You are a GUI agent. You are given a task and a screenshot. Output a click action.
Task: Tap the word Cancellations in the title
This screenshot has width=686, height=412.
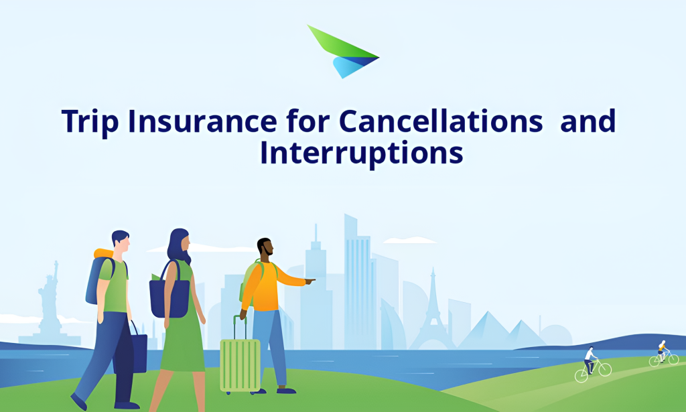tap(441, 121)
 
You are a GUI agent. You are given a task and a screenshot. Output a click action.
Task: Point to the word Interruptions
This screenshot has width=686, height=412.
tap(362, 153)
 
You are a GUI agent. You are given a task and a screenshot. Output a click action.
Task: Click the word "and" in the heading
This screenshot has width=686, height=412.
tap(588, 121)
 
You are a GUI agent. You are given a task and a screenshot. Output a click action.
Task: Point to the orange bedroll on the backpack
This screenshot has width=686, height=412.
tap(104, 255)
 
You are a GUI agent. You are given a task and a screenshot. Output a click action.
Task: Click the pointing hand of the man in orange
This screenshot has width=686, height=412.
tap(310, 281)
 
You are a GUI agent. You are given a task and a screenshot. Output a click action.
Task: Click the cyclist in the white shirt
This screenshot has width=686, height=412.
tap(590, 362)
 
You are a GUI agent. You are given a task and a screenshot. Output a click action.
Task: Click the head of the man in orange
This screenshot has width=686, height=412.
tap(265, 249)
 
